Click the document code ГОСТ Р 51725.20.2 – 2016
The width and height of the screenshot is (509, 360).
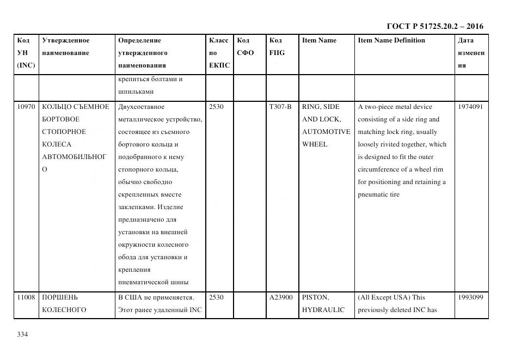pyautogui.click(x=434, y=26)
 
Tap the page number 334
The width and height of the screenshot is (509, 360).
pyautogui.click(x=22, y=334)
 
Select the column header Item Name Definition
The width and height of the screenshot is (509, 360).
pyautogui.click(x=391, y=40)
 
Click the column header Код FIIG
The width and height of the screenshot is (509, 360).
pyautogui.click(x=276, y=47)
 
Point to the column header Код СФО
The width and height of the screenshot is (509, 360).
pyautogui.click(x=245, y=47)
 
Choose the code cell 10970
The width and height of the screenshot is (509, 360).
pyautogui.click(x=26, y=107)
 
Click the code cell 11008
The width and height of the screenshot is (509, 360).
pyautogui.click(x=26, y=298)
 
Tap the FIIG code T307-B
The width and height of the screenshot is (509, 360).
pyautogui.click(x=280, y=107)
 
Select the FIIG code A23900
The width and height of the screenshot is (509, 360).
pyautogui.click(x=281, y=298)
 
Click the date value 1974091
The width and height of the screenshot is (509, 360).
pyautogui.click(x=471, y=107)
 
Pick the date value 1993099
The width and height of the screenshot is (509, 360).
pyautogui.click(x=471, y=298)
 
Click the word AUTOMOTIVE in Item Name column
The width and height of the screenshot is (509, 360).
pyautogui.click(x=326, y=132)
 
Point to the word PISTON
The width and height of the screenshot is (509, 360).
pyautogui.click(x=316, y=298)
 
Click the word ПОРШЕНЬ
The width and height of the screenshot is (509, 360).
pyautogui.click(x=60, y=298)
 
